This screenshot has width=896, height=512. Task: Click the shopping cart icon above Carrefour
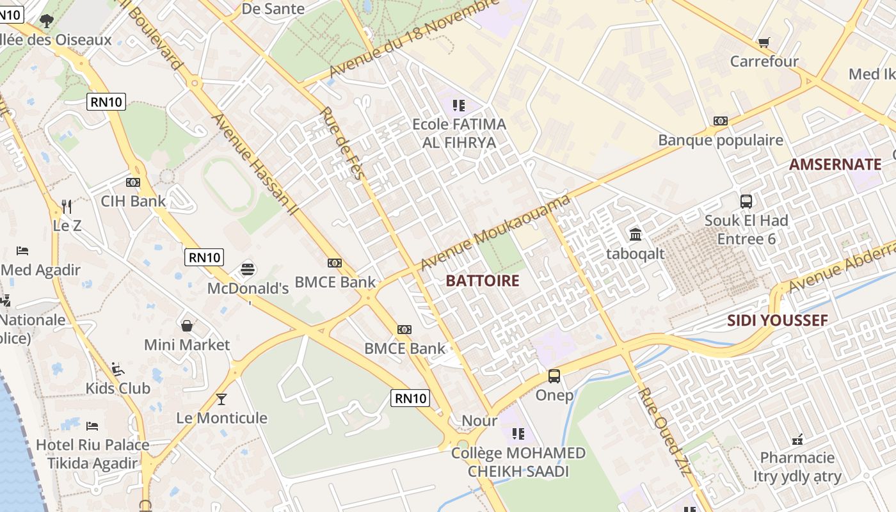pos(764,43)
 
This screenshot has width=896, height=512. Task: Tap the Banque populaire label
pos(721,140)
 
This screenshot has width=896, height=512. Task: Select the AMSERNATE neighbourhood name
pos(835,164)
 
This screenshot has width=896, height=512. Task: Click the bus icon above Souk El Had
pos(746,201)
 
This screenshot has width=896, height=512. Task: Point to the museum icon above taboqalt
pos(636,234)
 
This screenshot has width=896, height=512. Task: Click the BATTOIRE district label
pos(482,280)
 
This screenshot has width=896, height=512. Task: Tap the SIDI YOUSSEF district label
pos(777,321)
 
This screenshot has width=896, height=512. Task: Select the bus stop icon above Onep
pos(554,376)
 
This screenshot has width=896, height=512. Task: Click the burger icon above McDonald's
pos(248,269)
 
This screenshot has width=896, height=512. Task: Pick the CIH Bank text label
pos(133,201)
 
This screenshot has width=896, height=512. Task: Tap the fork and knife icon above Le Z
pos(67,206)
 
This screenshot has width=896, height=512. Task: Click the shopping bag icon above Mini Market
pos(187,326)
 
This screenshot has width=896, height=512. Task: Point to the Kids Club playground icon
pos(118,369)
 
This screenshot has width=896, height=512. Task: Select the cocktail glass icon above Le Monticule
pos(221,399)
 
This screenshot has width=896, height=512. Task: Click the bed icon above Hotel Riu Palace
pos(92,426)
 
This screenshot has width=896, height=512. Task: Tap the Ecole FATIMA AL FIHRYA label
pos(459,133)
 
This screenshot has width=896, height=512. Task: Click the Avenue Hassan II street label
pos(252,164)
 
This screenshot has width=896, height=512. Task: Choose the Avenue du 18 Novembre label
pos(413,40)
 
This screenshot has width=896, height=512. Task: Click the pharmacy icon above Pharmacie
pos(797,439)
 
